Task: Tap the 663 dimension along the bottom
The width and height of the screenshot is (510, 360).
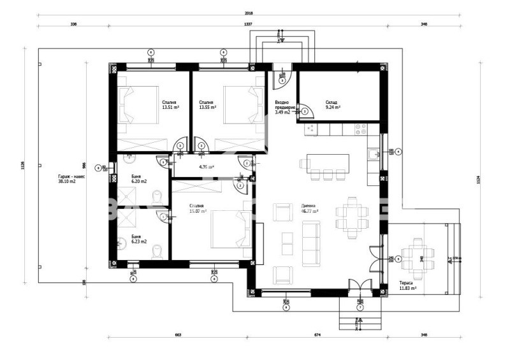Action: pos(178,335)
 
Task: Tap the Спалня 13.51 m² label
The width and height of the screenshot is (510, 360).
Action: pos(170,105)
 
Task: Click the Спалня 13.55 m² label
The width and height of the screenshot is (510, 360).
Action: pos(207,105)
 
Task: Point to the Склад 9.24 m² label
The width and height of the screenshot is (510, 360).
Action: pos(333,105)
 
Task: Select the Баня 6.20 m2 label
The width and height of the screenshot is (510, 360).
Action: pos(139,179)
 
